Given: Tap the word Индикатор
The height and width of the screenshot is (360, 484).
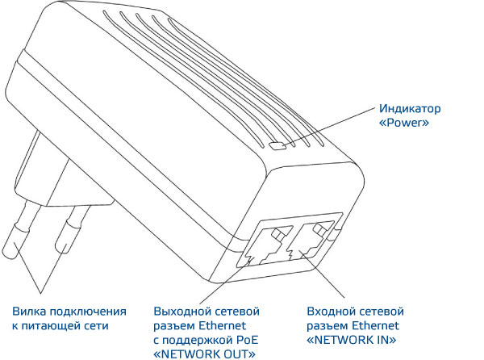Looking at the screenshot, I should tap(411, 109).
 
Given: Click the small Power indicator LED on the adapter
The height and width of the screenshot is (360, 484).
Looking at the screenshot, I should tap(279, 146).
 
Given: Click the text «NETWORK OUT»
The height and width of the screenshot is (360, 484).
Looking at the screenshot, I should tap(206, 354).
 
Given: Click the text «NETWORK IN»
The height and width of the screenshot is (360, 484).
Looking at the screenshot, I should tap(353, 340).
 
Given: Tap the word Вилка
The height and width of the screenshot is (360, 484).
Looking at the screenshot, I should tap(31, 311).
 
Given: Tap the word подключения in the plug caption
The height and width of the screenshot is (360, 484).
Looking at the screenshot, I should tap(90, 311).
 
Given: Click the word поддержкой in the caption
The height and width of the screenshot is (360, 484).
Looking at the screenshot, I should tap(202, 340).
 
